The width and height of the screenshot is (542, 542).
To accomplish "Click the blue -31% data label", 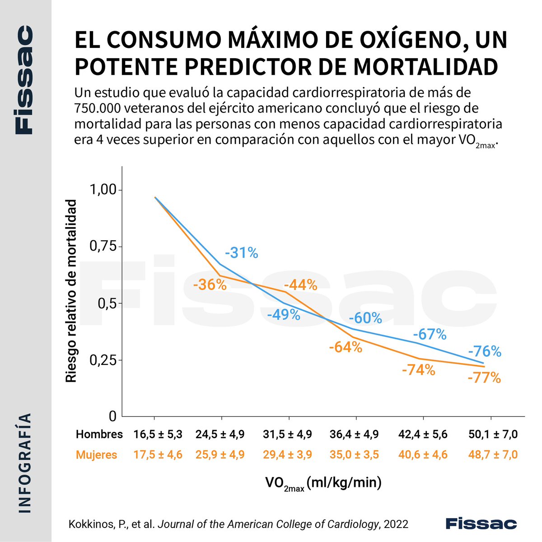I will coord(241,253).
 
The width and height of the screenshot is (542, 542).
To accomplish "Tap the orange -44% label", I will coord(301,285).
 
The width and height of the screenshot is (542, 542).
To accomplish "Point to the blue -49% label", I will coord(284,314).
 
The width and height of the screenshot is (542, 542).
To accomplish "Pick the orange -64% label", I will coord(346,348).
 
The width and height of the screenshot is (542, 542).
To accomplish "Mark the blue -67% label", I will coord(430,335).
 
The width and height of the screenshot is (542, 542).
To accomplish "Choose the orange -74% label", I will coord(418,370).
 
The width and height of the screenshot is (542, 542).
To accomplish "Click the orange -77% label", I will coord(484,378).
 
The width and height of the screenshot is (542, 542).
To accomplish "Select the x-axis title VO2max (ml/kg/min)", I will coord(323,483).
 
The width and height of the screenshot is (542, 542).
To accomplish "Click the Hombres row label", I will coord(99,435).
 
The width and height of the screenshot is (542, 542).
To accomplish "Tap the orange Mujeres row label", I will coord(96,455).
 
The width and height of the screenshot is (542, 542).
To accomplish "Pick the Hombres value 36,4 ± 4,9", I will coord(355,435).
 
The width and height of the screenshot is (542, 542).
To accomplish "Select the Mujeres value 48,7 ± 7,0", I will coord(493,455).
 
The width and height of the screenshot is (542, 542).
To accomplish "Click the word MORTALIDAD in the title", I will coord(426,65).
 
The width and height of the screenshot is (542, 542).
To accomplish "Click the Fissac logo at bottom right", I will coord(481,523).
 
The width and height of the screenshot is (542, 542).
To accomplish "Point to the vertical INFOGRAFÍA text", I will coord(26,463).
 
